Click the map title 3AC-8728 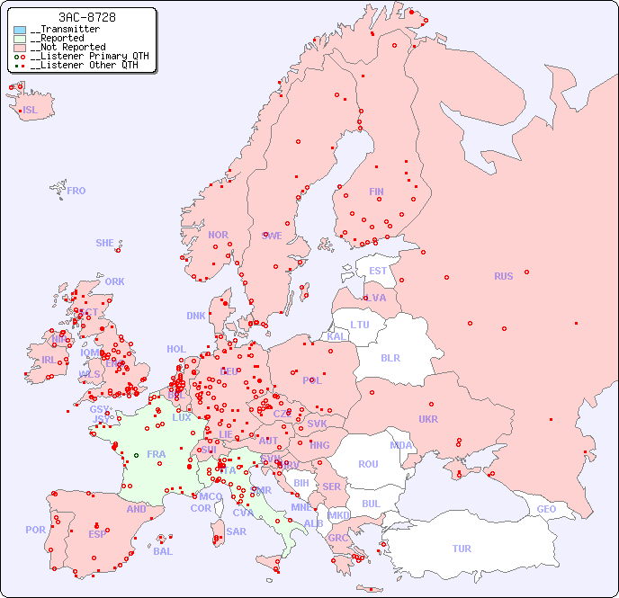(86, 17)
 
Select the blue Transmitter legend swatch (20, 30)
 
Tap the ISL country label (31, 111)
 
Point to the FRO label (76, 191)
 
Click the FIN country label (376, 192)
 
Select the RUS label (503, 276)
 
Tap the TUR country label (462, 549)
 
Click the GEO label (546, 509)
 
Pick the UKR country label (428, 419)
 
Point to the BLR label (390, 357)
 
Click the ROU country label (368, 464)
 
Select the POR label (35, 530)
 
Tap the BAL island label (163, 551)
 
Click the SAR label (236, 531)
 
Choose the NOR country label (218, 235)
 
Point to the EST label (378, 271)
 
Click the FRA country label (157, 454)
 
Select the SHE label (105, 243)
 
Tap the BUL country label (372, 504)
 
